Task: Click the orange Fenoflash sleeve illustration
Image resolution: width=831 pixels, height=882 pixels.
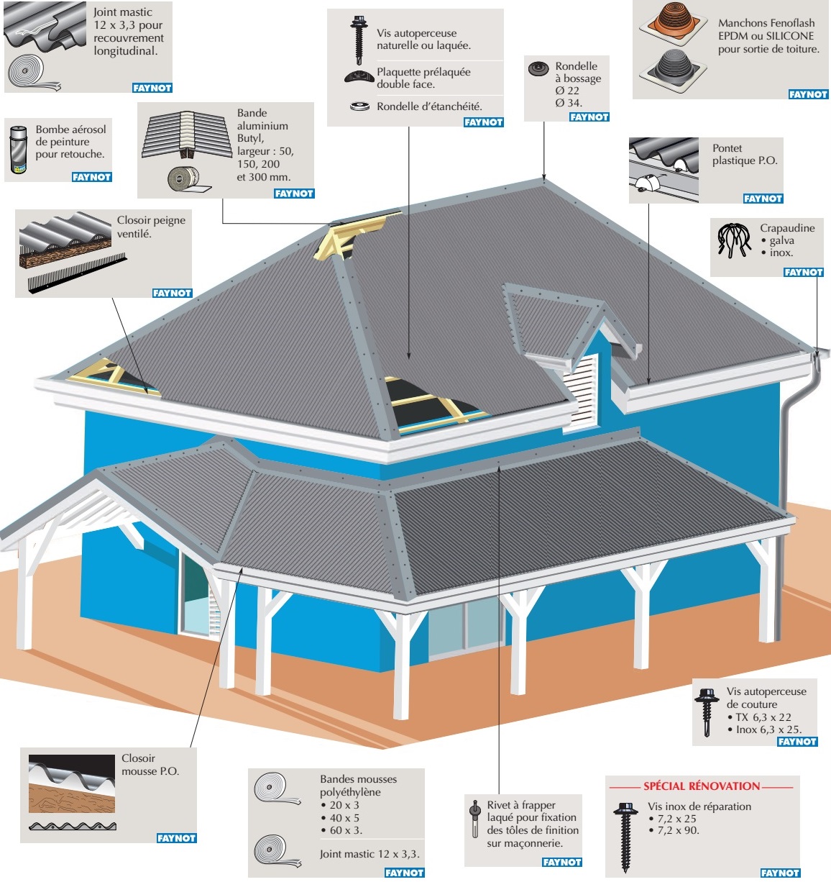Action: coord(673,23)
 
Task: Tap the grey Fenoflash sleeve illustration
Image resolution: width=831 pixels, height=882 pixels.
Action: coord(673,70)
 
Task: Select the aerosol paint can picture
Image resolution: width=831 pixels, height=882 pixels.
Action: coord(18,150)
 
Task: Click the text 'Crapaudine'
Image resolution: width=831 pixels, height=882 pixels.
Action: coord(787,228)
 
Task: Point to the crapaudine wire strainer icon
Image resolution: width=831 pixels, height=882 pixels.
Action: coord(734,240)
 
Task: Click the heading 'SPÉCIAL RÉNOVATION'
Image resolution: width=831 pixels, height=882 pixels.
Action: coord(702,786)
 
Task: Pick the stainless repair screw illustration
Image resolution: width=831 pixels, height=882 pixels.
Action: coord(625,836)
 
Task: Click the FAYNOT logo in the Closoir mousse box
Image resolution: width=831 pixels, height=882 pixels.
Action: coord(176,838)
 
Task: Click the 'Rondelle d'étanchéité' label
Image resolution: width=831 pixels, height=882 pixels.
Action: coord(429,106)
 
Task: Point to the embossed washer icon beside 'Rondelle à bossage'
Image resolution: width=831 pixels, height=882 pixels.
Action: coord(539,69)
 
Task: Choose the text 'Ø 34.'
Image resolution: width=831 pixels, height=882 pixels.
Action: coord(568,103)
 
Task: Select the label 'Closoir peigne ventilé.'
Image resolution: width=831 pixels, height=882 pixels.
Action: coord(151,227)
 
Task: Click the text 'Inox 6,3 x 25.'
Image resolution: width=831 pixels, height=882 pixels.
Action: coord(769,729)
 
